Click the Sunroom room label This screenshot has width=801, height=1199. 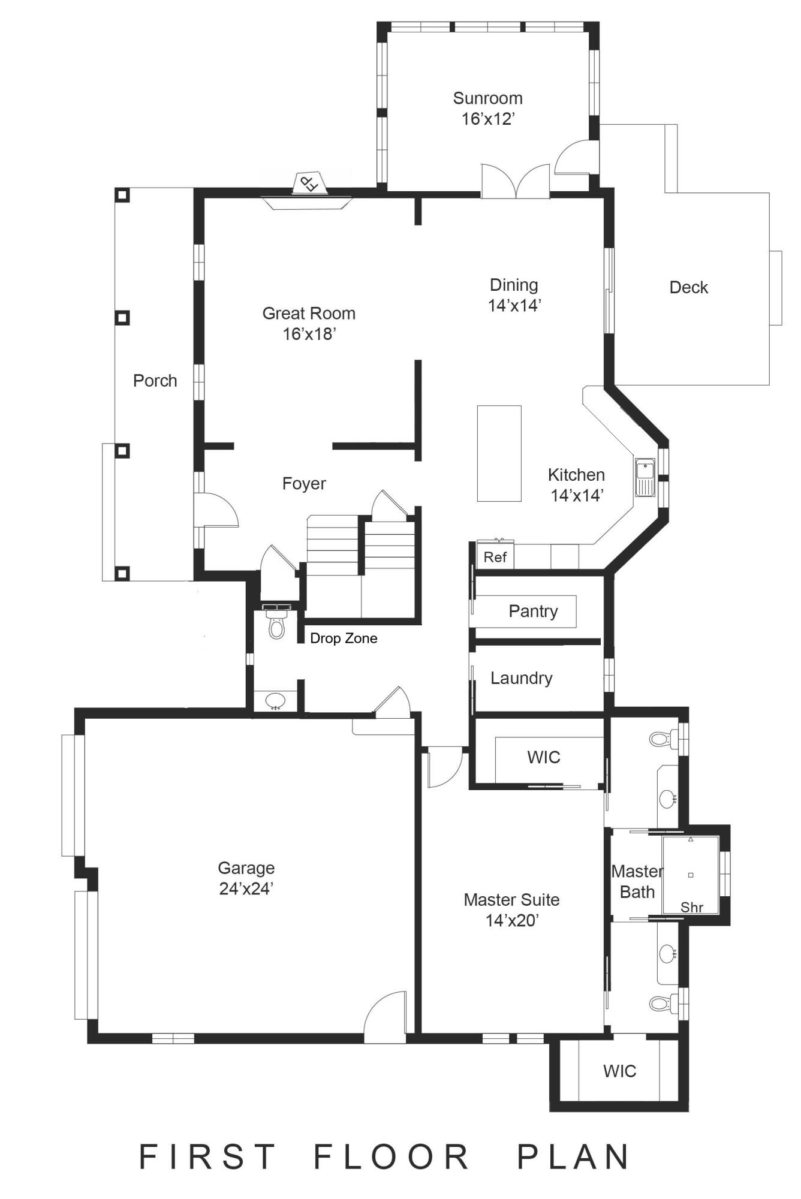pos(487,98)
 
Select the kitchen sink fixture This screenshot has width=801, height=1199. pos(645,477)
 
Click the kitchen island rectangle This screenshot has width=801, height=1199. pos(499,453)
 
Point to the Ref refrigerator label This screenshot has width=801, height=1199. pos(495,557)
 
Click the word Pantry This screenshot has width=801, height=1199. pos(533,611)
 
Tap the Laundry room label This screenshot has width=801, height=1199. pos(521,678)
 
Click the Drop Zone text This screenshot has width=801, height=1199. pos(344,638)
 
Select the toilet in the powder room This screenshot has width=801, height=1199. pos(276,627)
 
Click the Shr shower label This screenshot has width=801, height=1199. pos(691,907)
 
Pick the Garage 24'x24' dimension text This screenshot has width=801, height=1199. pos(246,888)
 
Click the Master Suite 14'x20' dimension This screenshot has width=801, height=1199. pos(512,920)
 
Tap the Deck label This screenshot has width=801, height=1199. pos(688,288)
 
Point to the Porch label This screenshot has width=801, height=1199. pos(155,381)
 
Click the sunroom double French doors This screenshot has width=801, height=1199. pos(516,181)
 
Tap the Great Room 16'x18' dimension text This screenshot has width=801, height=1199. pos(309,334)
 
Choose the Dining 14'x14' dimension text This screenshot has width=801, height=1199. pos(514,305)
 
